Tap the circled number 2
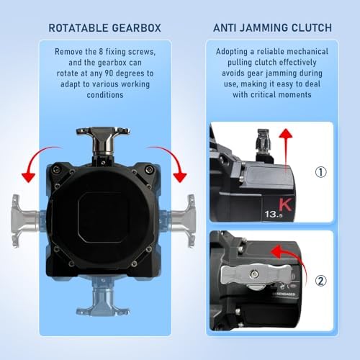pos(322,282)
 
